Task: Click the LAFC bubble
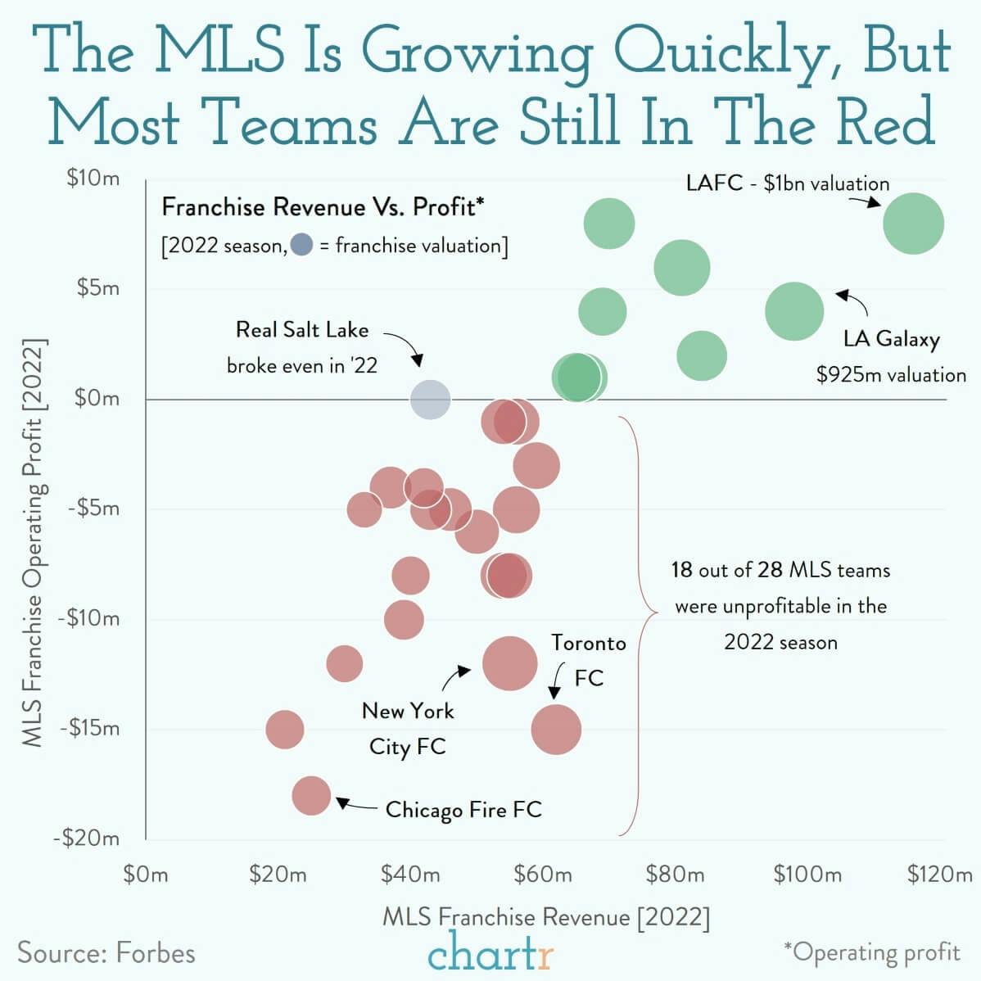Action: point(913,224)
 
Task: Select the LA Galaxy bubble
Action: point(794,311)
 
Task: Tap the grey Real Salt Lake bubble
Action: point(430,400)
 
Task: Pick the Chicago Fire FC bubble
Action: point(311,795)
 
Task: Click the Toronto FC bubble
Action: point(556,730)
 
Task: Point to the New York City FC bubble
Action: point(510,663)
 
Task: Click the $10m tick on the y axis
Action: point(93,179)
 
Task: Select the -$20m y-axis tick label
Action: point(87,839)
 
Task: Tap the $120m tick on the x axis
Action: point(939,875)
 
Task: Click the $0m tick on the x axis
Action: point(146,875)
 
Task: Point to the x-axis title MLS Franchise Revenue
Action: point(546,916)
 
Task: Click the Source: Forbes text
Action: point(106,953)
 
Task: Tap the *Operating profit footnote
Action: point(871,952)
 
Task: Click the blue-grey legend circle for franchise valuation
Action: point(301,245)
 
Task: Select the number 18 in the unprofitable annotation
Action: point(681,570)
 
